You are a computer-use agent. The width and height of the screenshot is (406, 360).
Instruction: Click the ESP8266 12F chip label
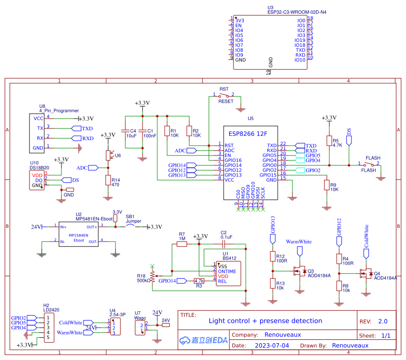point(248,134)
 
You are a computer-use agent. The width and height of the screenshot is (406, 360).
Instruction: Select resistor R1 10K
point(167,131)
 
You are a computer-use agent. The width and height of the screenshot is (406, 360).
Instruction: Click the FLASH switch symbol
point(369,164)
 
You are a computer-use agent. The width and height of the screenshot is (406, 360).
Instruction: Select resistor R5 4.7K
point(329,143)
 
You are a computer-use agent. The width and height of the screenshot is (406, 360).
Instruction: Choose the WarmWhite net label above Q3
point(298,242)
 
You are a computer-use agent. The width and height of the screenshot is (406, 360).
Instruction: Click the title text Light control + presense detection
point(265,321)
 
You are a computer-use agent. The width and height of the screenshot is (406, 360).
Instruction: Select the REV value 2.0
point(382,321)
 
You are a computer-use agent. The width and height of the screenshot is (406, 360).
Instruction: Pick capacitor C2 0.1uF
point(224,243)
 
